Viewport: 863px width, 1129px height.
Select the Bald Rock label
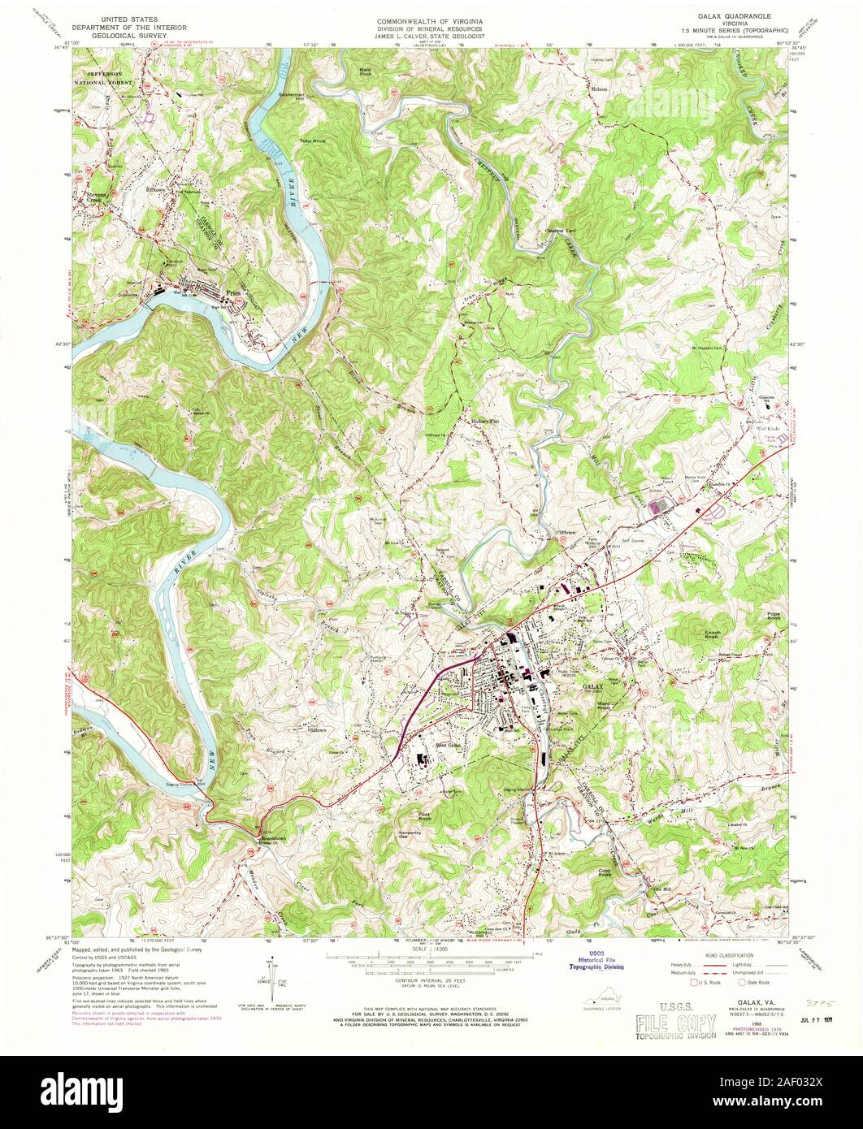coord(365,72)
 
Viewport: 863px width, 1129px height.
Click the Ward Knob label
coord(604,706)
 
